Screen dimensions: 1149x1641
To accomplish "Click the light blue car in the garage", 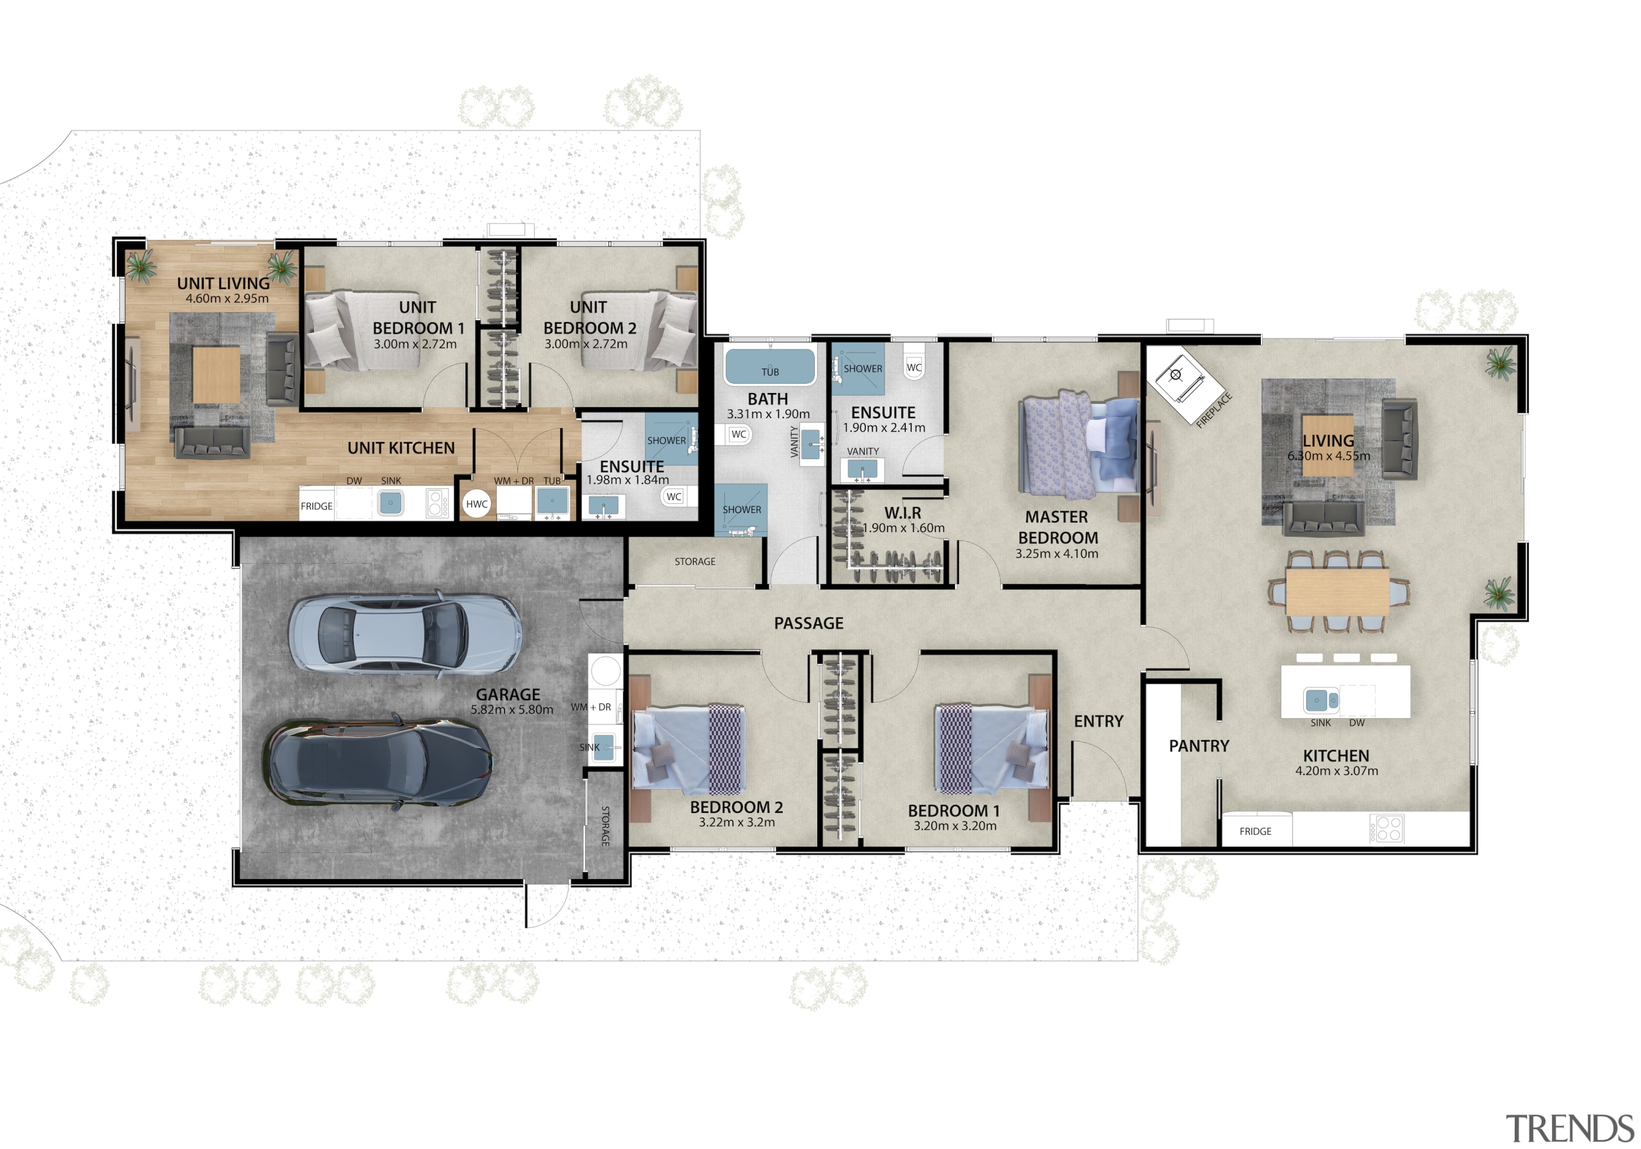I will click(x=404, y=633).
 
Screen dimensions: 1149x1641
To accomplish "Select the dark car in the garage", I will click(x=378, y=762).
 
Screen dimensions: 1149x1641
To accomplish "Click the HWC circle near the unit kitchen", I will click(x=476, y=503).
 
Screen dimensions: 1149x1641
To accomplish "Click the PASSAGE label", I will click(x=808, y=623).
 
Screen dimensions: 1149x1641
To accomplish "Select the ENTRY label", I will click(x=1098, y=721).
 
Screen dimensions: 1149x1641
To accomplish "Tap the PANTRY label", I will click(x=1199, y=746).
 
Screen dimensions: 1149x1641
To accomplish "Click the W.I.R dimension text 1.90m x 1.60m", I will click(x=903, y=528).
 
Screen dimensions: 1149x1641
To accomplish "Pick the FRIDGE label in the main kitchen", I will click(x=1255, y=831).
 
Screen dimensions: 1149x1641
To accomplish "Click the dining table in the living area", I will click(x=1337, y=591).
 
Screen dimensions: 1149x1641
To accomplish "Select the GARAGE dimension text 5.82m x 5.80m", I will click(x=512, y=709).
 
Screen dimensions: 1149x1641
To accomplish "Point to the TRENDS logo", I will click(x=1569, y=1128).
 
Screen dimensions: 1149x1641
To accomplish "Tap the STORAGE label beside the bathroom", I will click(x=695, y=561).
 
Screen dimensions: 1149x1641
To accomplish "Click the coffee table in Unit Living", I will click(x=216, y=374).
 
